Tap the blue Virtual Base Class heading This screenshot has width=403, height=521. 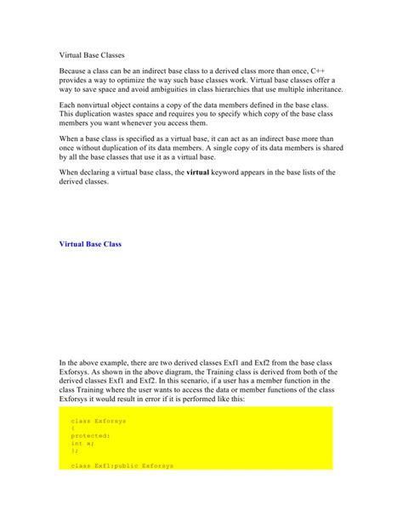[90, 244]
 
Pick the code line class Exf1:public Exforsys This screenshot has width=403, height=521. [122, 466]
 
